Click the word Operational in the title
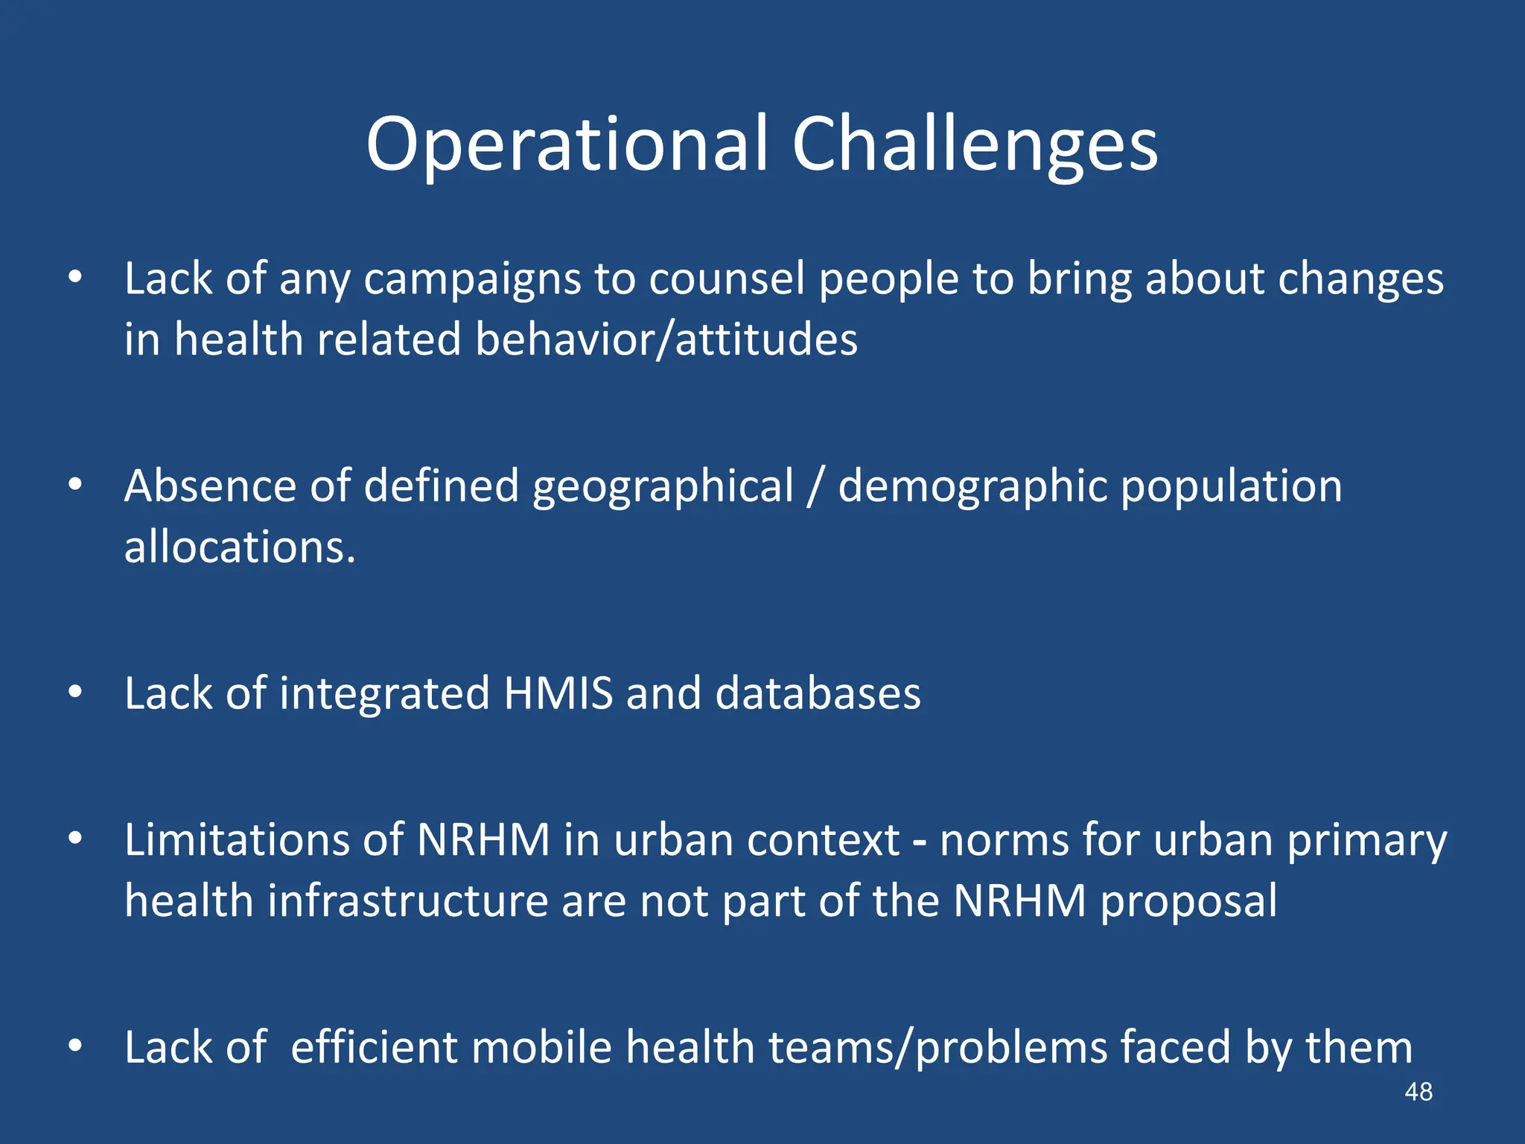tap(566, 145)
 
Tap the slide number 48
tap(1418, 1092)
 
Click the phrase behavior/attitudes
tap(666, 340)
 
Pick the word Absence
tap(209, 486)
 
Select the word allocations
tap(239, 547)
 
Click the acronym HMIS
tap(558, 693)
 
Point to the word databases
tap(818, 693)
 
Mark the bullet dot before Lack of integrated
tap(74, 693)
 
